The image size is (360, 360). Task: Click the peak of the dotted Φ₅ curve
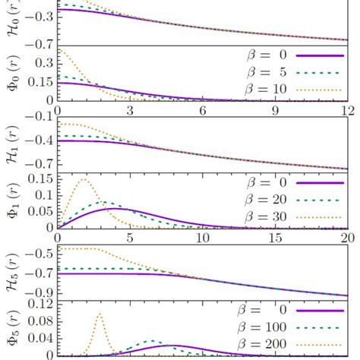[99, 314]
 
